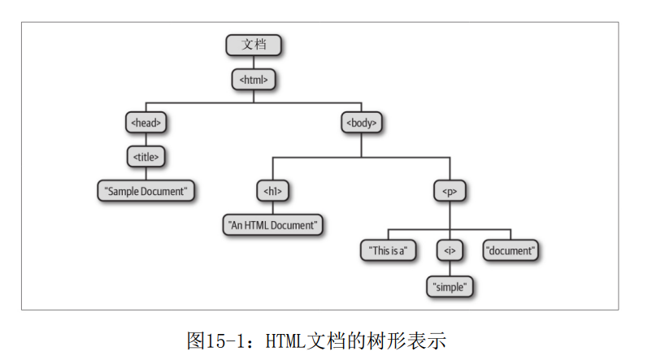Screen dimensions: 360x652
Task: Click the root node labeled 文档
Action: [x=254, y=46]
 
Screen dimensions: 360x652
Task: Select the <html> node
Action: [x=254, y=80]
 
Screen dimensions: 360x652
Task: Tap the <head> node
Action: [x=146, y=123]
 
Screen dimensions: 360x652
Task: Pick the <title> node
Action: [x=146, y=157]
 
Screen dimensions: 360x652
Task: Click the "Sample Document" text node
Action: [x=146, y=191]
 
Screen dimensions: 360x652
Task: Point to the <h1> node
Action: [x=272, y=191]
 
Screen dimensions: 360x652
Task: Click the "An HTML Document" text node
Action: [x=272, y=224]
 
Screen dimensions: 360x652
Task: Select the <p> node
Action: [x=450, y=191]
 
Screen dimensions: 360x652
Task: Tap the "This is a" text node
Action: [x=388, y=251]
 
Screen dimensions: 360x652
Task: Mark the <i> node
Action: [x=450, y=251]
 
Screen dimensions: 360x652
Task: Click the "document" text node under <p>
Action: [x=511, y=251]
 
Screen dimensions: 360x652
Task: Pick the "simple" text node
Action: [x=450, y=286]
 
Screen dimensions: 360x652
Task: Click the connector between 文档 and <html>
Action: [x=254, y=63]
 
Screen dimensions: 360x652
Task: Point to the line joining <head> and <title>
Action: [x=146, y=140]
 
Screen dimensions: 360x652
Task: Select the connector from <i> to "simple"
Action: [x=450, y=268]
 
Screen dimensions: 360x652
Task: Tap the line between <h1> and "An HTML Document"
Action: [x=272, y=207]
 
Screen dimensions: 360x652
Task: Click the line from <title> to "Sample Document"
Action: [x=146, y=174]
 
